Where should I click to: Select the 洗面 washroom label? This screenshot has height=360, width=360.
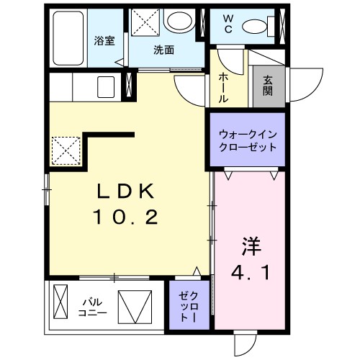click(x=163, y=50)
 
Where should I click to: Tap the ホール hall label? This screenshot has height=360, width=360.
click(x=223, y=86)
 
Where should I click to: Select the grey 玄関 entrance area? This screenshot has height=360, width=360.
click(x=268, y=86)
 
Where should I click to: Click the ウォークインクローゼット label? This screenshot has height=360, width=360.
click(x=247, y=140)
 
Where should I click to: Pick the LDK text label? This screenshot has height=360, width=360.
click(x=127, y=192)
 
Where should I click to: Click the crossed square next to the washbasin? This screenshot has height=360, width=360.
click(x=143, y=22)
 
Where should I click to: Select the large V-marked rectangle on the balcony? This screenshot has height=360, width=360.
click(x=135, y=305)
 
